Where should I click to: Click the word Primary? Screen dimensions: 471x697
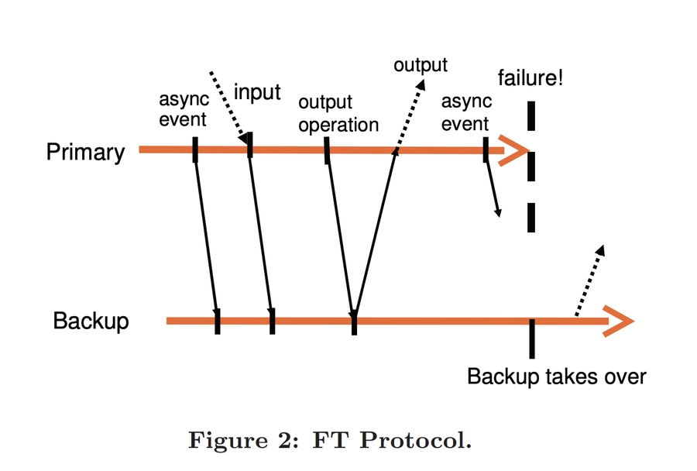(85, 152)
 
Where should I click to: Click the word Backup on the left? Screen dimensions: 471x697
(91, 321)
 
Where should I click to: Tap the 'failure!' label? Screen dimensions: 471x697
(530, 77)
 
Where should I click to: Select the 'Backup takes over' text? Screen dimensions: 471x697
(556, 377)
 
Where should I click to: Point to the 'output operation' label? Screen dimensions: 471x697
(338, 114)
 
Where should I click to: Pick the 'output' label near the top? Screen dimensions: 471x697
(421, 65)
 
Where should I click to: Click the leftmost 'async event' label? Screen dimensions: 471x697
(183, 109)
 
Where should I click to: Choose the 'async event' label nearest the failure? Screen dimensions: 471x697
(465, 113)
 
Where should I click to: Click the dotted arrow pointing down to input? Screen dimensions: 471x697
(230, 107)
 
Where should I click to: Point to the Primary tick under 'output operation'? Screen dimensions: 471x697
(328, 150)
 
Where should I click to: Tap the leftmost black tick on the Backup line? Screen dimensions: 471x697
(218, 321)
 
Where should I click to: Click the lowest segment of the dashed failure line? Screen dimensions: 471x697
(531, 218)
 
